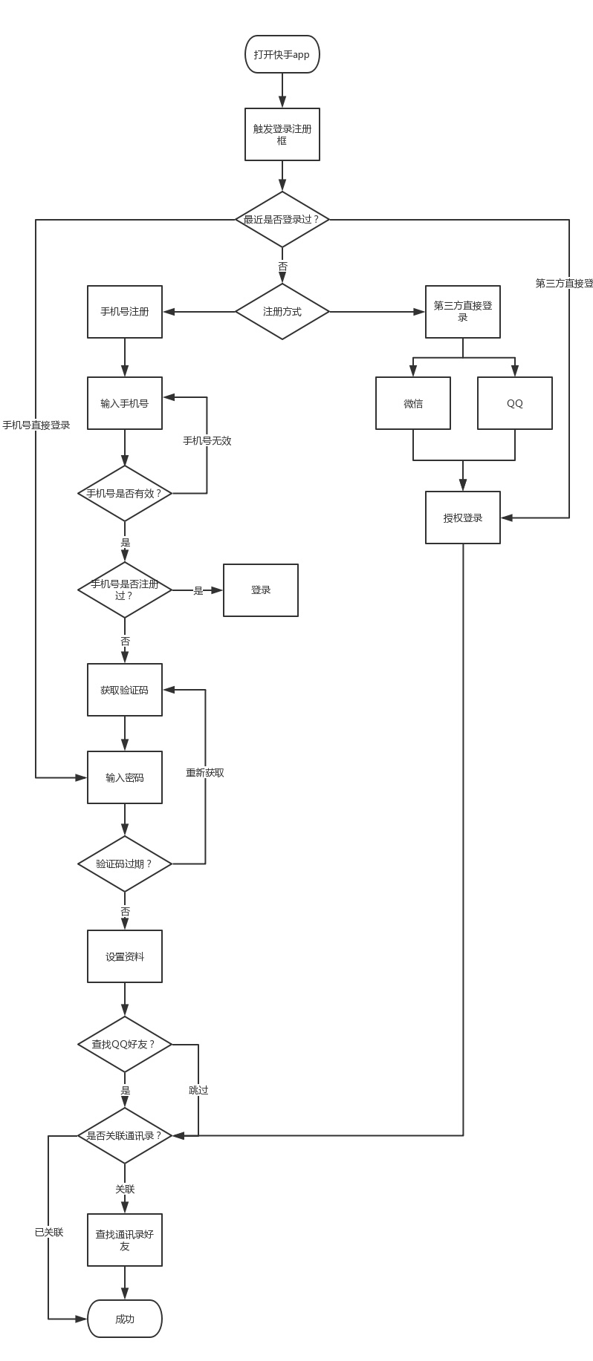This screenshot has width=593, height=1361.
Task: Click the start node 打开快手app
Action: pos(282,54)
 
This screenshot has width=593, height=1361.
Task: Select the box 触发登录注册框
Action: pos(282,134)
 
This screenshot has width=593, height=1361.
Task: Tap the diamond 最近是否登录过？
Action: pos(282,220)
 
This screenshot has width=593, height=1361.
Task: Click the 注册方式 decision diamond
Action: pos(282,312)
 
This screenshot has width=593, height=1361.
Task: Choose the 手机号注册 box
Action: pos(125,312)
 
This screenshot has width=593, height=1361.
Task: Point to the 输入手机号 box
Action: pos(125,403)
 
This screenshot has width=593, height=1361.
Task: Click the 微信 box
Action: pos(413,403)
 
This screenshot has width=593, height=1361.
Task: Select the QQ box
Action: pos(515,403)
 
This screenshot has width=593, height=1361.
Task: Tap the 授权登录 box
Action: pos(463,518)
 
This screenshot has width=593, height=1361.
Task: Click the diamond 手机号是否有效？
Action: pos(125,493)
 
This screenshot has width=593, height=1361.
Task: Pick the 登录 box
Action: pos(261,590)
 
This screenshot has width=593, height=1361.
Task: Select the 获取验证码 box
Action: pos(125,690)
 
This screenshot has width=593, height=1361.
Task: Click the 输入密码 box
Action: pos(125,777)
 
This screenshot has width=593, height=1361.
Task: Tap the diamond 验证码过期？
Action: pos(125,864)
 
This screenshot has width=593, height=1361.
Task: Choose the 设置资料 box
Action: pos(125,956)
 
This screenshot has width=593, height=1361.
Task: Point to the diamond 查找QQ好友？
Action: pos(125,1044)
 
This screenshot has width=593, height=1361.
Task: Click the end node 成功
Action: pos(125,1319)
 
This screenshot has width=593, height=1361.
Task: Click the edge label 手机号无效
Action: pos(207,441)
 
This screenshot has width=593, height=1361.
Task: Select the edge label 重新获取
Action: pos(205,773)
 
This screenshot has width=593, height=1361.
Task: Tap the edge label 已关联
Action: pos(49,1232)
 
